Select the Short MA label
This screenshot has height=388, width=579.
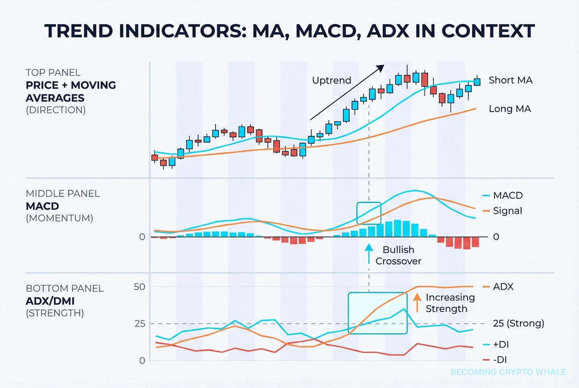[510, 80]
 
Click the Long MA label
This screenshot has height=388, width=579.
[510, 109]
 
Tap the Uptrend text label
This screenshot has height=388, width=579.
[332, 80]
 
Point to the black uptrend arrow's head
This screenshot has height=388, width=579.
[381, 67]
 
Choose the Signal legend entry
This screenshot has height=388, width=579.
[508, 211]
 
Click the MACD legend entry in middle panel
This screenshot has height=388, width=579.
[508, 196]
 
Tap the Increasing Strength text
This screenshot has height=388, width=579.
[450, 303]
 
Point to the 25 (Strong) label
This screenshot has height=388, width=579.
[518, 323]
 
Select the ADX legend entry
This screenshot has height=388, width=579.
[503, 287]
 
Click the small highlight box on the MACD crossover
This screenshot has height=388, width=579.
[369, 213]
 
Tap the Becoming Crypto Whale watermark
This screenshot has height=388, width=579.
[508, 372]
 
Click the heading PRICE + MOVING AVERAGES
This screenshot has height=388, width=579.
[71, 91]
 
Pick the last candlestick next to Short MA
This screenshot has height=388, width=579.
[477, 81]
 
